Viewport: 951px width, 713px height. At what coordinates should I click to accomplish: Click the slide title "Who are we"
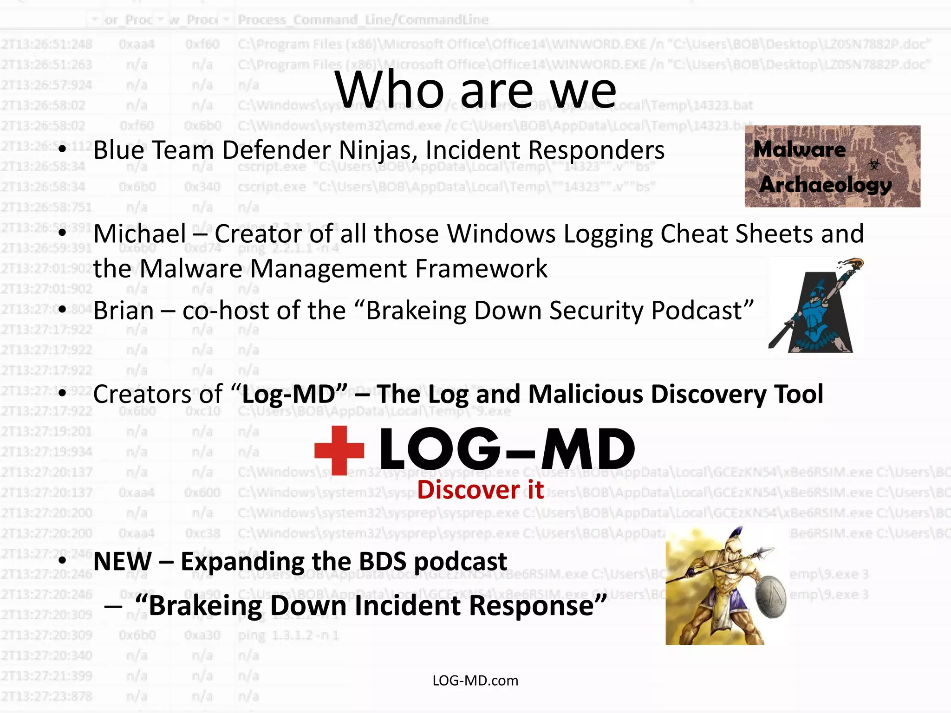pos(475,90)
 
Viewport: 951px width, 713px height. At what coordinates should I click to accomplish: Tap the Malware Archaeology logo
pos(832,166)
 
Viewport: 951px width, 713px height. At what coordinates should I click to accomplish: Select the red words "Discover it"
pos(480,490)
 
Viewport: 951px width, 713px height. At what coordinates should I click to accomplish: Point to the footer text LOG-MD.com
pos(475,681)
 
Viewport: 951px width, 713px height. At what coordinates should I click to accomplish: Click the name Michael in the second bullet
pos(140,233)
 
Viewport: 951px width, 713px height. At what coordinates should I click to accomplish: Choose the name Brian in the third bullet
pos(124,311)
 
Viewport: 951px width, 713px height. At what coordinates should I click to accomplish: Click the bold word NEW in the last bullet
pos(123,561)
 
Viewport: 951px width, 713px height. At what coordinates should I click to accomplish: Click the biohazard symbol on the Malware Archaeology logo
pos(874,164)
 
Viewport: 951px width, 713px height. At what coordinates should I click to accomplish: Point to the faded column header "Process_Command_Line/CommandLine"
pos(363,20)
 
